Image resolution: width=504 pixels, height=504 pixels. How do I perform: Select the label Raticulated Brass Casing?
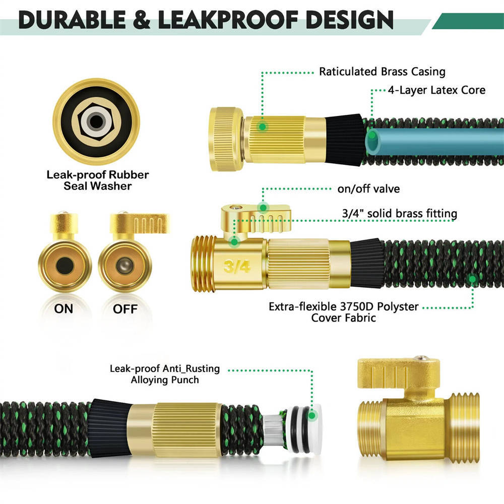[382, 72]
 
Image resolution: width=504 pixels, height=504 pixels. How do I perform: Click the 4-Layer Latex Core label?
[436, 90]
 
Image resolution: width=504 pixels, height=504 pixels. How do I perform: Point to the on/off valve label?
[368, 190]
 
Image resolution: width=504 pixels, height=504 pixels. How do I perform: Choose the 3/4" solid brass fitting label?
[399, 214]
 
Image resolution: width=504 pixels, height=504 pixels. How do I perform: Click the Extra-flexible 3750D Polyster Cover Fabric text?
[344, 312]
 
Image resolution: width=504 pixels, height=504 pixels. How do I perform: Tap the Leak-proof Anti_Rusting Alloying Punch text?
[165, 374]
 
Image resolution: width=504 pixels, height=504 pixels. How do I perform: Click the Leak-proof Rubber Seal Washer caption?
[98, 180]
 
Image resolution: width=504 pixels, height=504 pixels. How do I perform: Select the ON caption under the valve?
[64, 309]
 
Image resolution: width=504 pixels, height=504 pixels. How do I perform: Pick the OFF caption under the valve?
[125, 309]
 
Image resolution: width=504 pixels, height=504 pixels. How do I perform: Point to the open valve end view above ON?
[65, 266]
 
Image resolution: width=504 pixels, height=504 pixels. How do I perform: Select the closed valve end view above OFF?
[125, 266]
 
